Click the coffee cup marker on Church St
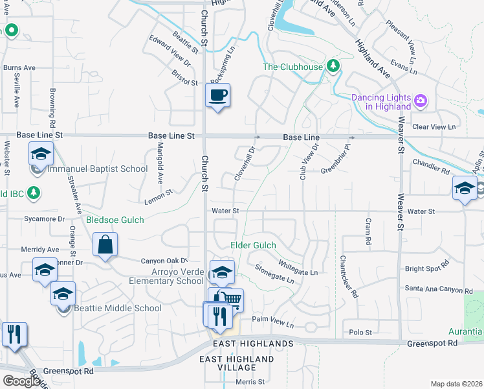point(217,95)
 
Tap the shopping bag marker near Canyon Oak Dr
point(105,246)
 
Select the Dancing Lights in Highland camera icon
point(421,100)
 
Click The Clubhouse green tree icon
point(333,65)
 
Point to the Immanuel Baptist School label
point(97,169)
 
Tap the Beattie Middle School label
point(117,308)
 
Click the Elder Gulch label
point(254,245)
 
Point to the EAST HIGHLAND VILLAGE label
point(236,363)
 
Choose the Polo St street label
point(360,333)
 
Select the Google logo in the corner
point(21,381)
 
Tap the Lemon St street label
point(159,196)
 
